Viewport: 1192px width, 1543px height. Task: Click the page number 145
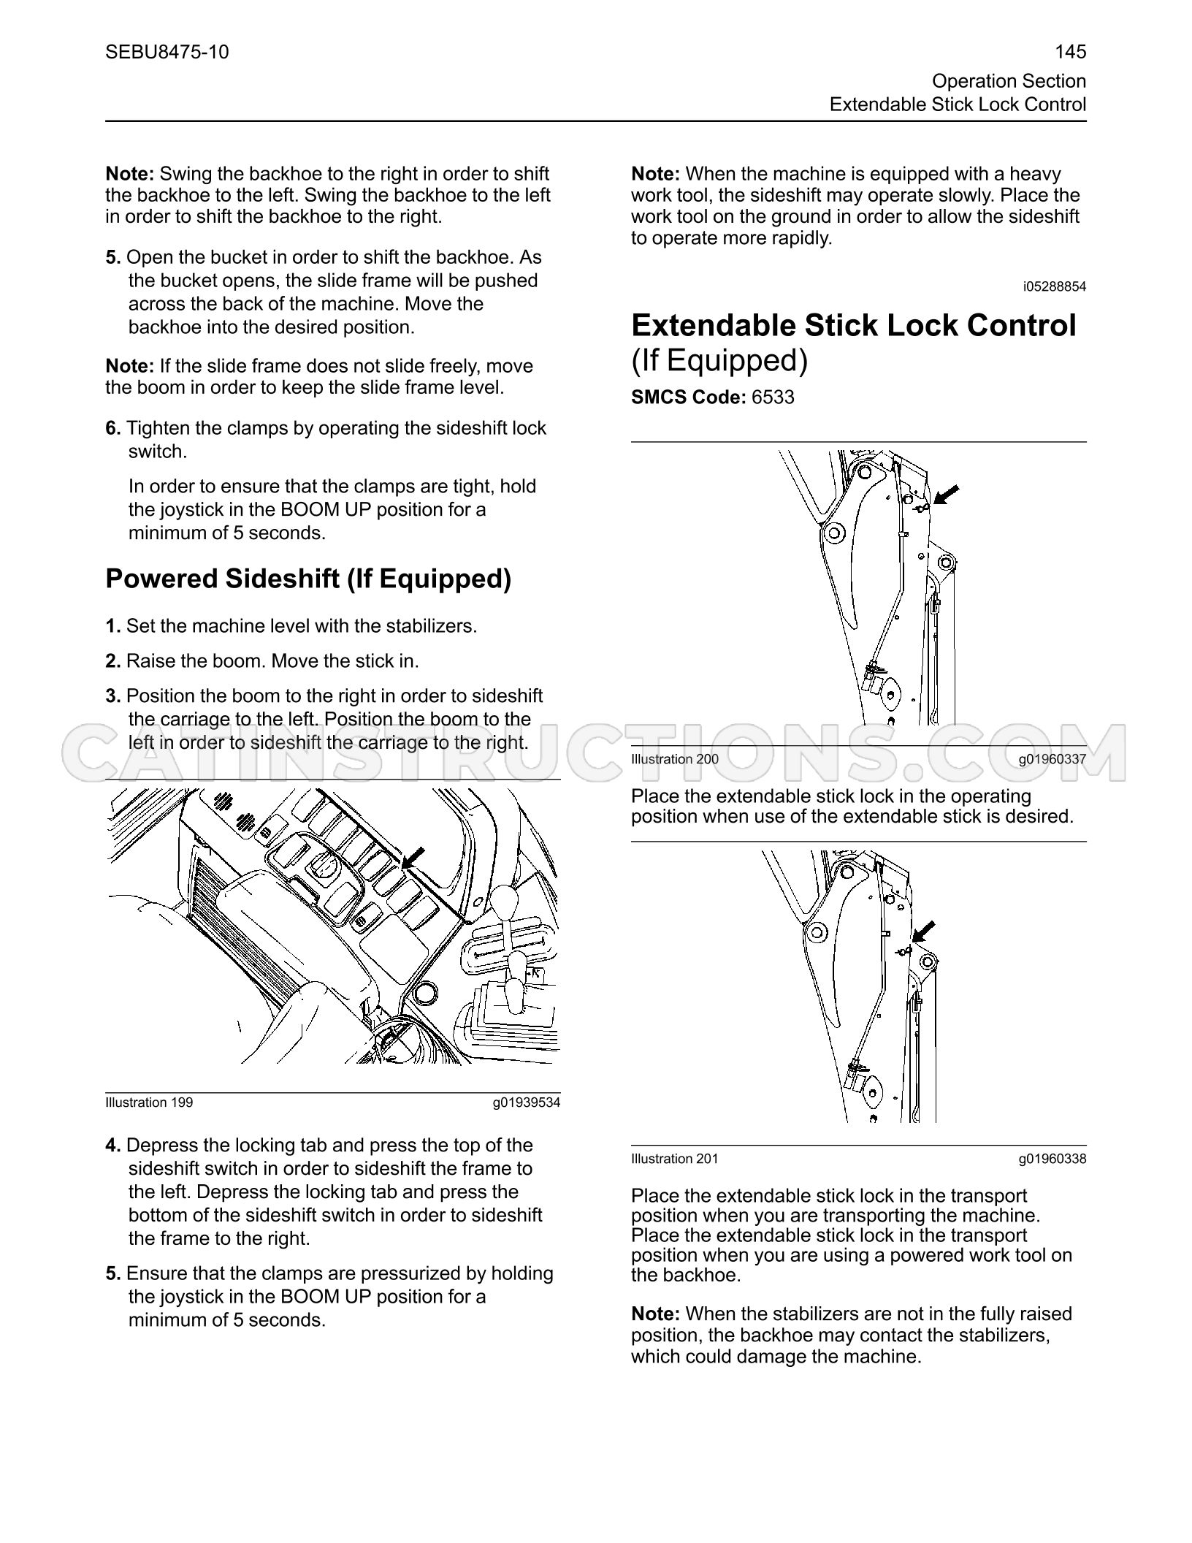pos(1070,52)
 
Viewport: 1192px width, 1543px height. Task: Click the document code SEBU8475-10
pos(167,52)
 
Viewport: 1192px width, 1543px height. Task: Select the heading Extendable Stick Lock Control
pos(854,325)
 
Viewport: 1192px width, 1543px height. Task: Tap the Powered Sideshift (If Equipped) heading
pos(308,579)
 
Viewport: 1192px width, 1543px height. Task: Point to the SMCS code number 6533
pos(773,397)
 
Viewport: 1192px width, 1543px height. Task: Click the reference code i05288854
pos(1055,286)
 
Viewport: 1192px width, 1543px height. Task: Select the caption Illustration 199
pos(149,1102)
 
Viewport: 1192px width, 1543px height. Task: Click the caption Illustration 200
pos(675,759)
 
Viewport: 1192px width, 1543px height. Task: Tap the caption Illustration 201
pos(675,1159)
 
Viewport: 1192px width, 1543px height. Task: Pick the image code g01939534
pos(527,1102)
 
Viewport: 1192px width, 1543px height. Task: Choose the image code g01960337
pos(1052,759)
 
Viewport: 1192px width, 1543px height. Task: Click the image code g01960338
pos(1052,1159)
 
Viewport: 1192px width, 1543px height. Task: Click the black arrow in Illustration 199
pos(413,858)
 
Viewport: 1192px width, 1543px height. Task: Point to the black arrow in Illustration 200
pos(946,495)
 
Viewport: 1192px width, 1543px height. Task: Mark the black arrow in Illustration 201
pos(923,931)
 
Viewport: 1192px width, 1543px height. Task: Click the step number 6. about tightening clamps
pos(113,428)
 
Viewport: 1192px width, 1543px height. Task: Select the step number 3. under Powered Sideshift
pos(113,696)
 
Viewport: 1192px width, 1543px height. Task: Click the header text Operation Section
pos(1009,81)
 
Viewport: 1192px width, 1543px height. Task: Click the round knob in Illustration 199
pos(424,992)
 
